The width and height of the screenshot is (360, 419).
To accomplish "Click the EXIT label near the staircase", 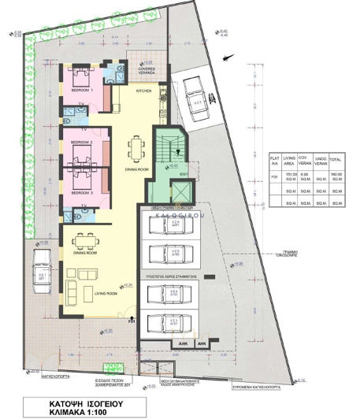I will pos(183,175).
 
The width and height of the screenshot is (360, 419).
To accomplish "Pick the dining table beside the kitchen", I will pos(139,146).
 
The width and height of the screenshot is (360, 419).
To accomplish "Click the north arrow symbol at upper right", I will pos(227,56).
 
